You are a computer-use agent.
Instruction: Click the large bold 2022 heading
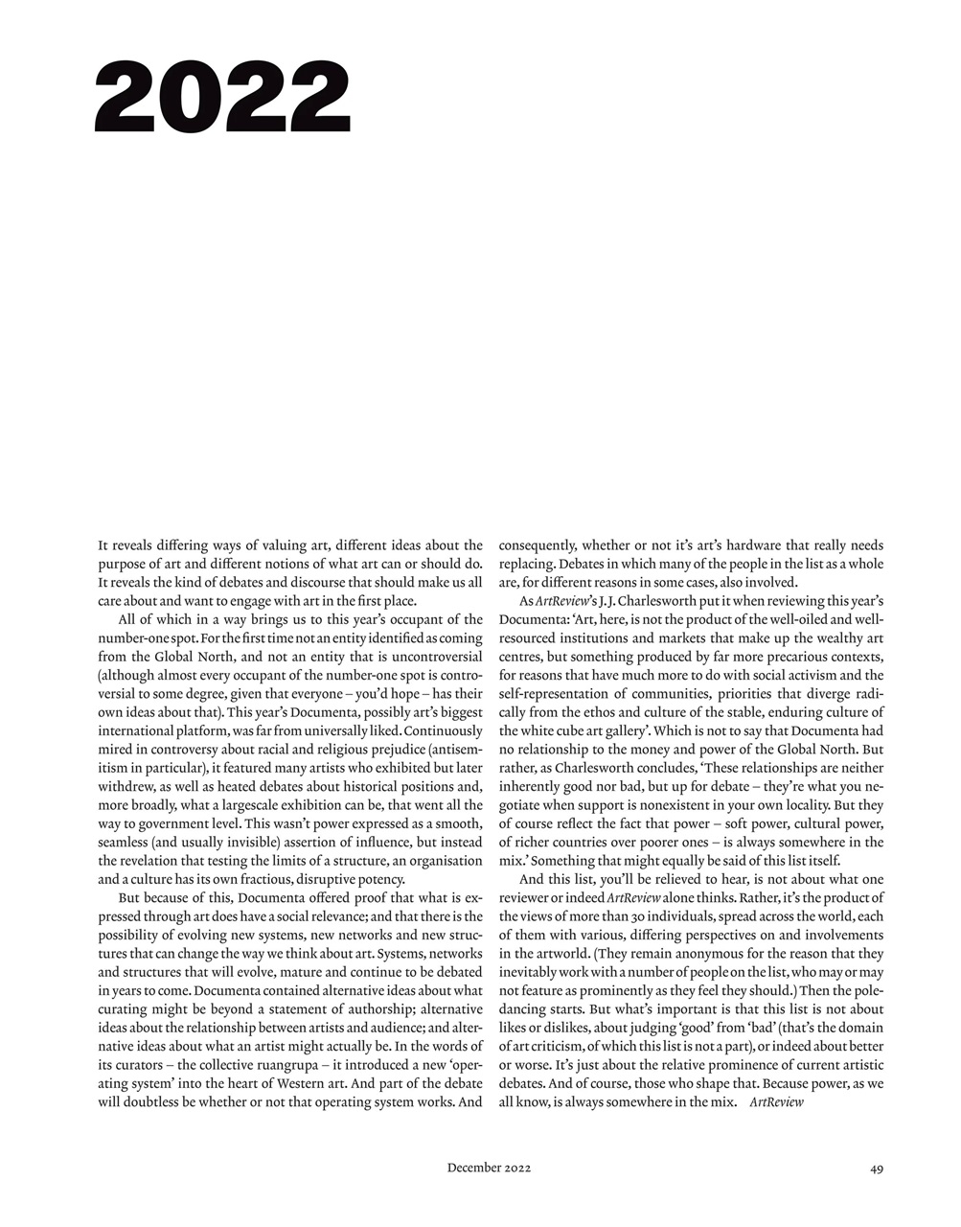pos(222,97)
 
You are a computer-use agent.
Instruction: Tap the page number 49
pos(877,1168)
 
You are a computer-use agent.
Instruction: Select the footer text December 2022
pos(489,1168)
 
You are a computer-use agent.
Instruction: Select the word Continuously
pos(437,731)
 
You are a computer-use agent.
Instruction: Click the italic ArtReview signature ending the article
pos(776,1102)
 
